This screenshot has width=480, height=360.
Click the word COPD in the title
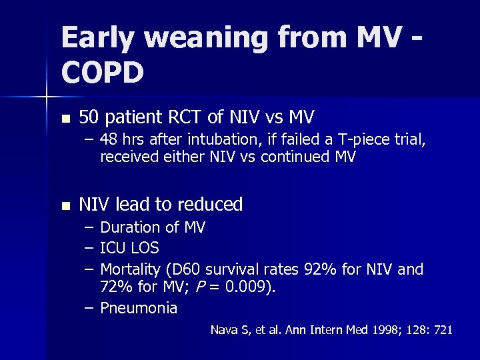pos(103,73)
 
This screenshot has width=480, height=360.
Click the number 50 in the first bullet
pos(89,117)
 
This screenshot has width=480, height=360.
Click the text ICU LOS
pos(129,249)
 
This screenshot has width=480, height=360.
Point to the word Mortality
pos(131,269)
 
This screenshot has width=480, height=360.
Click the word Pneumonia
pos(139,308)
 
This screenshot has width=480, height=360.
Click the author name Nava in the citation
pos(223,329)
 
